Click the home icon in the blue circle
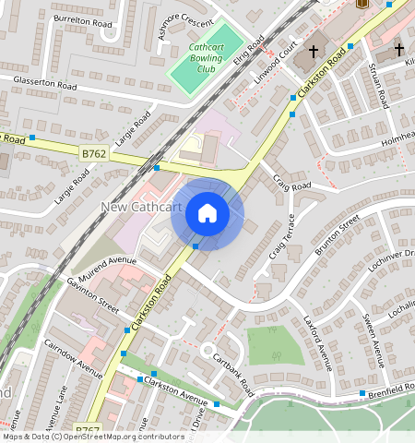(x=207, y=214)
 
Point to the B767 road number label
(x=88, y=429)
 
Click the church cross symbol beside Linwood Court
(x=314, y=51)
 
